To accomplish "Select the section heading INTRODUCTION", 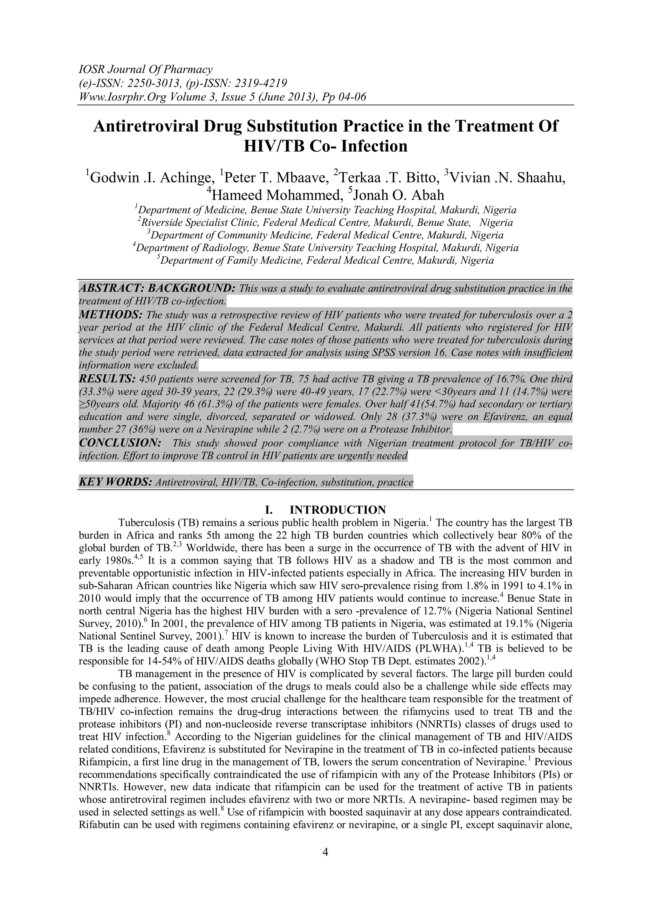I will click(x=338, y=510).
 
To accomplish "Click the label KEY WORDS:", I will click(x=115, y=482).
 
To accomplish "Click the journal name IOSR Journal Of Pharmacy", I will click(x=145, y=70).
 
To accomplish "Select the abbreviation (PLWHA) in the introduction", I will click(x=432, y=649).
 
